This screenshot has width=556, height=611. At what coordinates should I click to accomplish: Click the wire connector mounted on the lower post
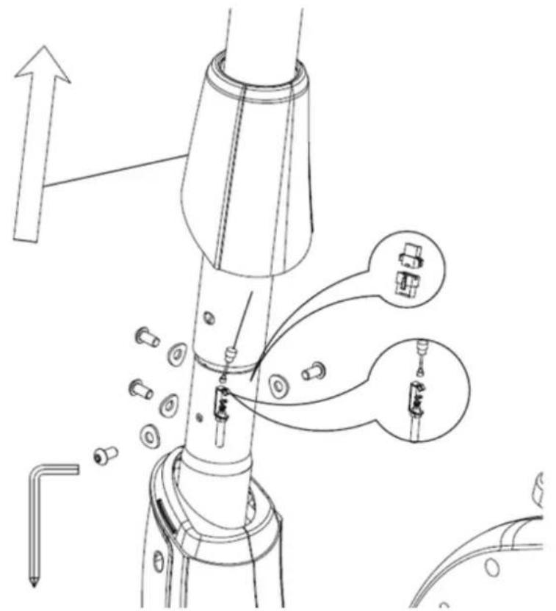220,400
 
